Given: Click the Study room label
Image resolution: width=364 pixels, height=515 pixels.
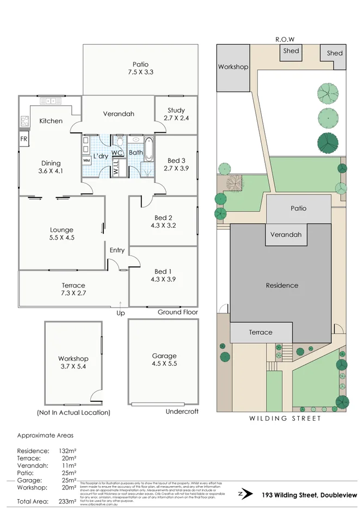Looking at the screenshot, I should click(176, 111).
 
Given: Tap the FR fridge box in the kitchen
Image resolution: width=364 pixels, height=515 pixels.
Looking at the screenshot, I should click(24, 139).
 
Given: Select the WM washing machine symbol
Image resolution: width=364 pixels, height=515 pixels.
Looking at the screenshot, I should click(87, 161).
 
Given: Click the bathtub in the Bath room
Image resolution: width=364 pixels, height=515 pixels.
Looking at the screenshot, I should click(149, 149).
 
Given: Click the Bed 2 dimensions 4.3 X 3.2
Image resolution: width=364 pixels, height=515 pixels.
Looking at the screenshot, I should click(163, 225).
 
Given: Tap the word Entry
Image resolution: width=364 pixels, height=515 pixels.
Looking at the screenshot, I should click(117, 250).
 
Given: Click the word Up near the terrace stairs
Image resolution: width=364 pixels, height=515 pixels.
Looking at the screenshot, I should click(120, 314).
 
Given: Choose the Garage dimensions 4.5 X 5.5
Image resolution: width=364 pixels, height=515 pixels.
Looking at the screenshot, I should click(164, 363).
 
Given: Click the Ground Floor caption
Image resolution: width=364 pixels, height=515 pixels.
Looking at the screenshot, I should click(177, 312).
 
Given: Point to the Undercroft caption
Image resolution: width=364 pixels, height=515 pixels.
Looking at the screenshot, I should click(182, 412).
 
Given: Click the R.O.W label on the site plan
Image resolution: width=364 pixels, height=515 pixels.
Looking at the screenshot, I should click(285, 39).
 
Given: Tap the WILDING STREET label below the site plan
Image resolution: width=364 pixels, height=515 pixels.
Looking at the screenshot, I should click(285, 419).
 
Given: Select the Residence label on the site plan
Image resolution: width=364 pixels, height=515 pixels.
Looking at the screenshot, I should click(282, 285).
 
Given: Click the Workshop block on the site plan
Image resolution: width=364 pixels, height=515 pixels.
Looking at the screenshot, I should click(233, 68).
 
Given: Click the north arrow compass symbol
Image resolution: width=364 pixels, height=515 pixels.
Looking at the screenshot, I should click(245, 494).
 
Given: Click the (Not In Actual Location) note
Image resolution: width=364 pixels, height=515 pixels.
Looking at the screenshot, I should click(73, 413).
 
